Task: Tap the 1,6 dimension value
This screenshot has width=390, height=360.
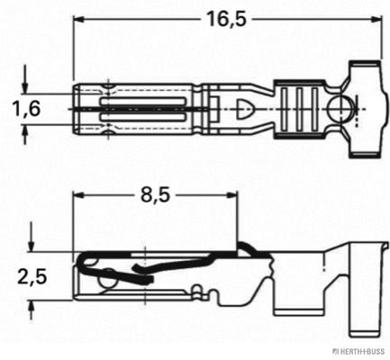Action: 26,110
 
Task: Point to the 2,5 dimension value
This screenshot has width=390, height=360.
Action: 31,275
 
